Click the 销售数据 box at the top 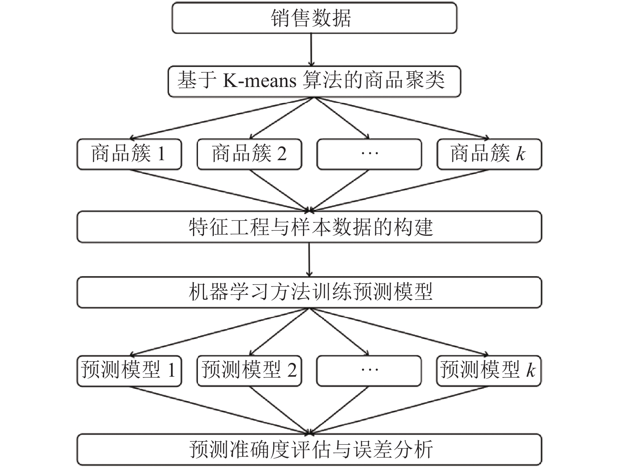click(314, 18)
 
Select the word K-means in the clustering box click(259, 81)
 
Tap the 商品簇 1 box click(129, 154)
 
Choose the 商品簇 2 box click(249, 154)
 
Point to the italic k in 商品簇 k click(521, 154)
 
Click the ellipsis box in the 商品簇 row click(369, 154)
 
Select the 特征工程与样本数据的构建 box click(309, 227)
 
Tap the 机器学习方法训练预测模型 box click(309, 292)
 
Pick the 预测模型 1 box click(129, 371)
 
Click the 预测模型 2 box click(249, 371)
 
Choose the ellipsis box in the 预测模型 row click(369, 371)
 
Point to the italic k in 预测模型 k click(531, 370)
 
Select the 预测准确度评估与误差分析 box click(309, 450)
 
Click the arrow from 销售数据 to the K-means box click(311, 50)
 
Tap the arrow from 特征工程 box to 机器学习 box click(309, 259)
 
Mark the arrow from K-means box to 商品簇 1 click(221, 118)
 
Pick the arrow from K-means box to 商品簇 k click(401, 118)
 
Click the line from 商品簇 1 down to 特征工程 click(220, 191)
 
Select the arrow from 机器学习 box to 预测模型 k click(399, 332)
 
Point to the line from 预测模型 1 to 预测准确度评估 click(220, 410)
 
